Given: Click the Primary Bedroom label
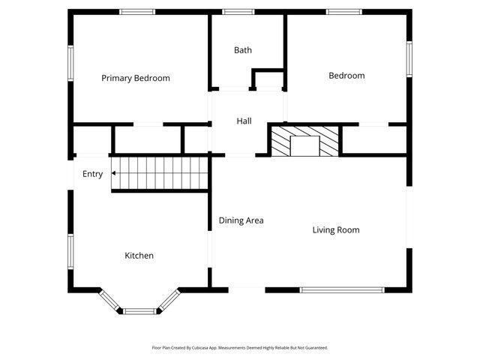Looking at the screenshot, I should pyautogui.click(x=136, y=78).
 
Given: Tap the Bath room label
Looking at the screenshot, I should pyautogui.click(x=243, y=50).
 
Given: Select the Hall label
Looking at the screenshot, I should pyautogui.click(x=244, y=121).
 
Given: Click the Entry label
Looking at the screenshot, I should pyautogui.click(x=93, y=174).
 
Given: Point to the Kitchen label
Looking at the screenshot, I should pyautogui.click(x=139, y=256).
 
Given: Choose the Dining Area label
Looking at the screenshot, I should pyautogui.click(x=241, y=220).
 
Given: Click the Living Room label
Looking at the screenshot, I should pyautogui.click(x=336, y=230).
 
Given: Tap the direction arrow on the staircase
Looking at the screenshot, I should pyautogui.click(x=113, y=173).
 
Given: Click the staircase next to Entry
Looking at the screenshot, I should pyautogui.click(x=159, y=174).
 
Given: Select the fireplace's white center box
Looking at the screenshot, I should pyautogui.click(x=305, y=146).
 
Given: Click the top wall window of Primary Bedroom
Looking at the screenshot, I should pyautogui.click(x=138, y=11).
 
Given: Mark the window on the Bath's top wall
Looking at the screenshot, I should pyautogui.click(x=238, y=11).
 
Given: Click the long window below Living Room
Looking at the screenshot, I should pyautogui.click(x=342, y=289).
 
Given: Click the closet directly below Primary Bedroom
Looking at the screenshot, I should pyautogui.click(x=147, y=139).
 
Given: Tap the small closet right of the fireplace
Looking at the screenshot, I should pyautogui.click(x=373, y=139).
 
